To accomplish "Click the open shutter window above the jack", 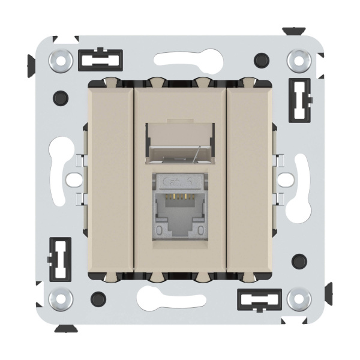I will (180, 142).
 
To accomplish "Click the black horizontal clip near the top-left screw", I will (100, 60).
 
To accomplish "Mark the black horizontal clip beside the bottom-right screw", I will (259, 298).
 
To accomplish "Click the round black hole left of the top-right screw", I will (260, 59).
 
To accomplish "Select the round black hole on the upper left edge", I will (59, 97).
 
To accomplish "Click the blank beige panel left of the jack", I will (110, 178).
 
